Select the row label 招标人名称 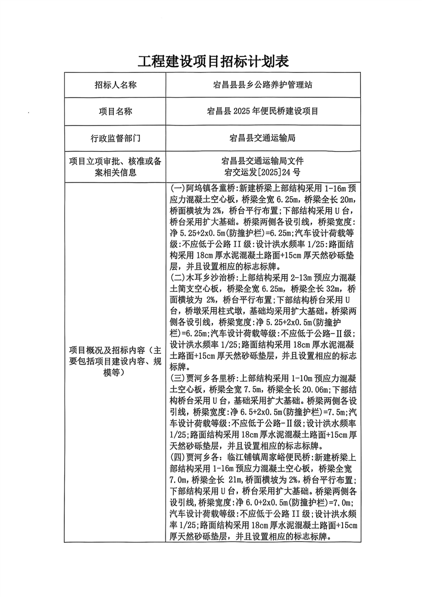115,85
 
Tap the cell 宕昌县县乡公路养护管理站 263,85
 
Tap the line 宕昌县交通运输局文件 263,161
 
